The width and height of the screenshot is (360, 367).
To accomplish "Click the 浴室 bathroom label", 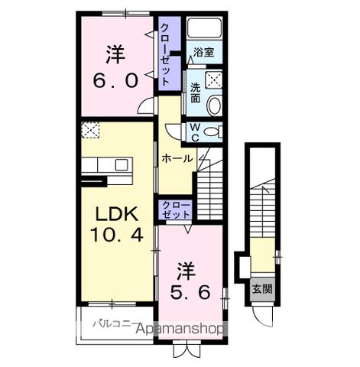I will (x=204, y=53).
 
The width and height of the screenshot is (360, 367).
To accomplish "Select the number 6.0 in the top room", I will (x=115, y=79).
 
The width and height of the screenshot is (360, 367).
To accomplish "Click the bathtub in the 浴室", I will (x=205, y=30).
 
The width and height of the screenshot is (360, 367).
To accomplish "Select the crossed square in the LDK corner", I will (x=90, y=131).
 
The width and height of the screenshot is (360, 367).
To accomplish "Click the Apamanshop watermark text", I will (x=180, y=330).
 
